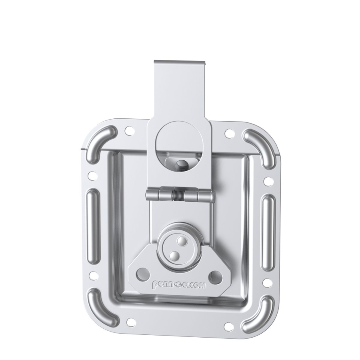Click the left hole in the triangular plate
point(141,274)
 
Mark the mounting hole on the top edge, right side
point(229,132)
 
